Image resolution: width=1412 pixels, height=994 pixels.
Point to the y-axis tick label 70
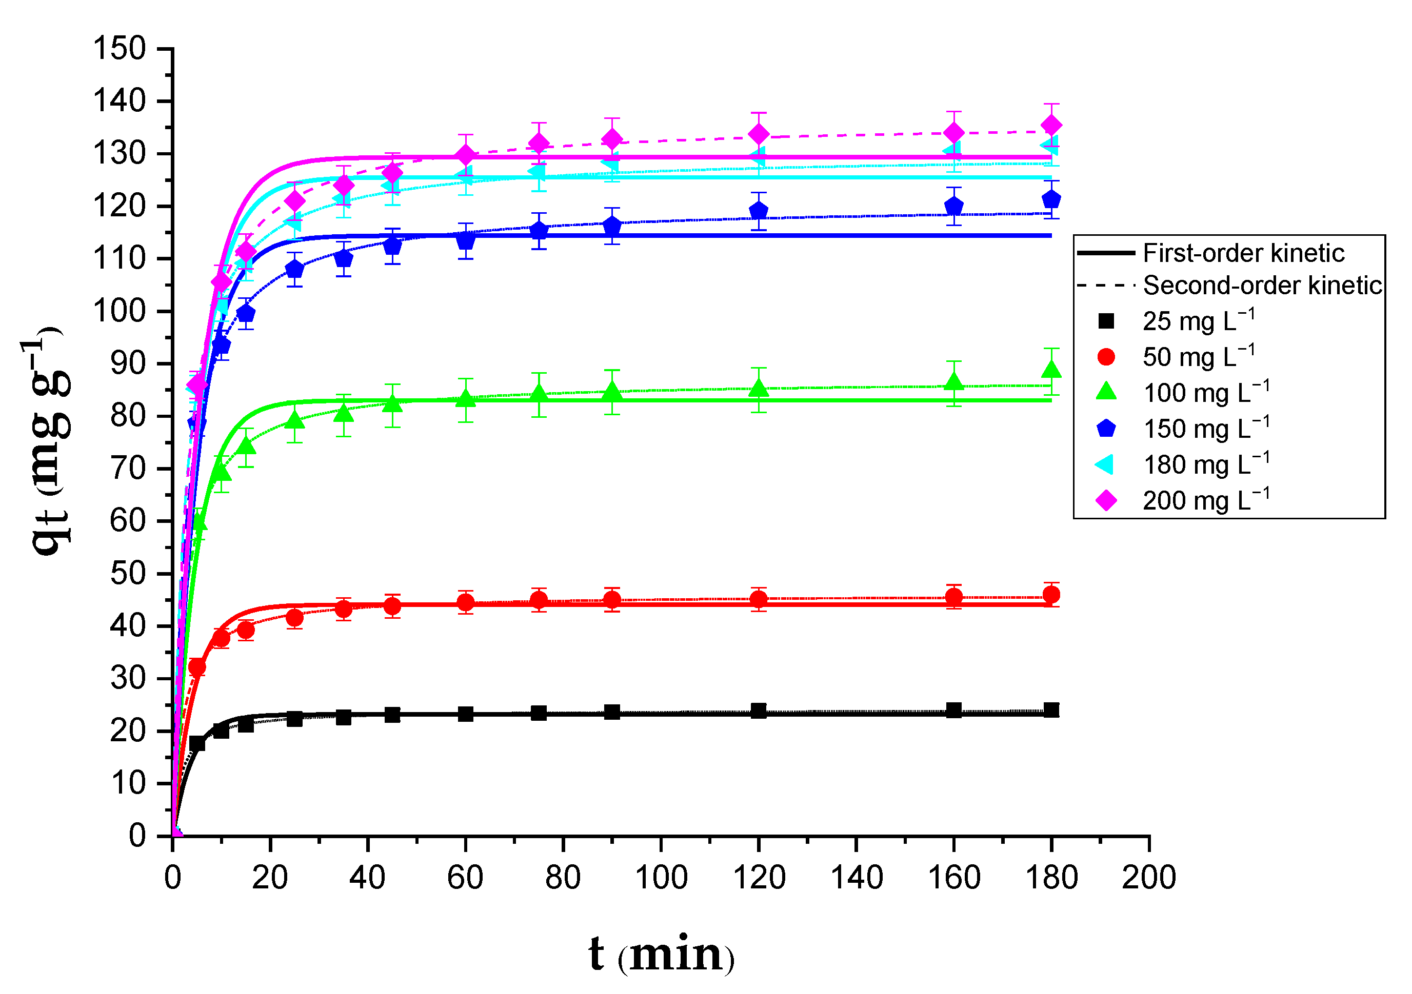tap(128, 469)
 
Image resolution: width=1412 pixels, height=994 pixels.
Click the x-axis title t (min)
tap(661, 955)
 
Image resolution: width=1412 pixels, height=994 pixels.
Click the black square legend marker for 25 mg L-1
tap(1106, 321)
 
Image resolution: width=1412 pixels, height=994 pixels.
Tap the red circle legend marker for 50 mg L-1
tap(1106, 357)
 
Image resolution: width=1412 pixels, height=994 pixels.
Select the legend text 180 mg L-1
tap(1205, 465)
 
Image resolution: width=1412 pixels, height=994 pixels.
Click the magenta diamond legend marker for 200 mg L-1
tap(1106, 500)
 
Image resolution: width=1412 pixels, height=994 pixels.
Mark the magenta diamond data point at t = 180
tap(1051, 126)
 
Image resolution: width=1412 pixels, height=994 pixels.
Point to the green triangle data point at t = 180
tap(1051, 370)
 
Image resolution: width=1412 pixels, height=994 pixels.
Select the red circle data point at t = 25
tap(294, 618)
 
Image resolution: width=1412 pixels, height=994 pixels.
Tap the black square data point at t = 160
tap(954, 710)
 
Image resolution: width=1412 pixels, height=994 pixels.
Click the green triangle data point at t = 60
tap(466, 399)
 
